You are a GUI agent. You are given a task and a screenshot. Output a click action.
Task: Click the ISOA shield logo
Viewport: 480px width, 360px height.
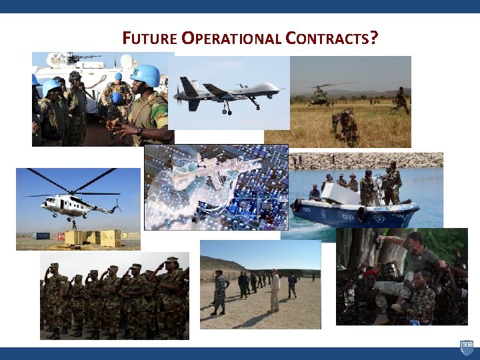(x=467, y=347)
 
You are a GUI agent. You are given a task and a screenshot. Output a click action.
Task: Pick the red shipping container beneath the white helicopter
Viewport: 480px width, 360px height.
(x=61, y=236)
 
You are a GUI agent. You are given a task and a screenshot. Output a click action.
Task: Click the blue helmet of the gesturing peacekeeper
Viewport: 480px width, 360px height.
(x=147, y=75)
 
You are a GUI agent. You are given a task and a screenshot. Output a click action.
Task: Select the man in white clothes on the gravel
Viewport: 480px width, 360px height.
(x=274, y=291)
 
